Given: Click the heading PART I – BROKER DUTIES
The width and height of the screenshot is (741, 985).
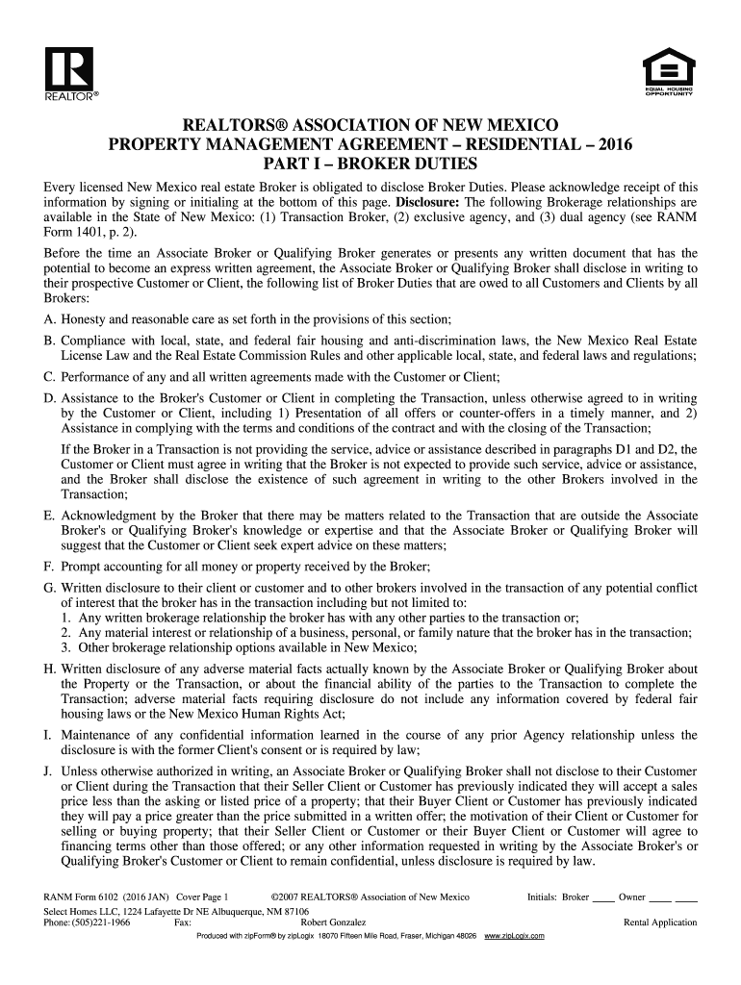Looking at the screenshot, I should (370, 164).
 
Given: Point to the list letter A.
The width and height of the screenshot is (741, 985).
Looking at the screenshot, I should (48, 318).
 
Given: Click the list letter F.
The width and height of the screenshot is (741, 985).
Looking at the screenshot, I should (48, 566).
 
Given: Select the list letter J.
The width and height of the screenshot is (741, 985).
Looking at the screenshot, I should (47, 770).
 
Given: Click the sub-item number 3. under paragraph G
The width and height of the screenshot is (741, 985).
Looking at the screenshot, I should (64, 647).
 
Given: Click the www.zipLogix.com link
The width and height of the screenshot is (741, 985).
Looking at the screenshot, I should (515, 936).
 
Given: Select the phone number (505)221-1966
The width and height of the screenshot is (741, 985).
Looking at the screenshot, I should (96, 922).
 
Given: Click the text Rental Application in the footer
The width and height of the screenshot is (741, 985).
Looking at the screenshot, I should (660, 922).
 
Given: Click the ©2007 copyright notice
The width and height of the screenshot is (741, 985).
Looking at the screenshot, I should (370, 897).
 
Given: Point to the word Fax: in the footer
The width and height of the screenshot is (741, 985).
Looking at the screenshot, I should (183, 922).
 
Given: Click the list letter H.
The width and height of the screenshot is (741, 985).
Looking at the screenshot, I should (48, 669).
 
